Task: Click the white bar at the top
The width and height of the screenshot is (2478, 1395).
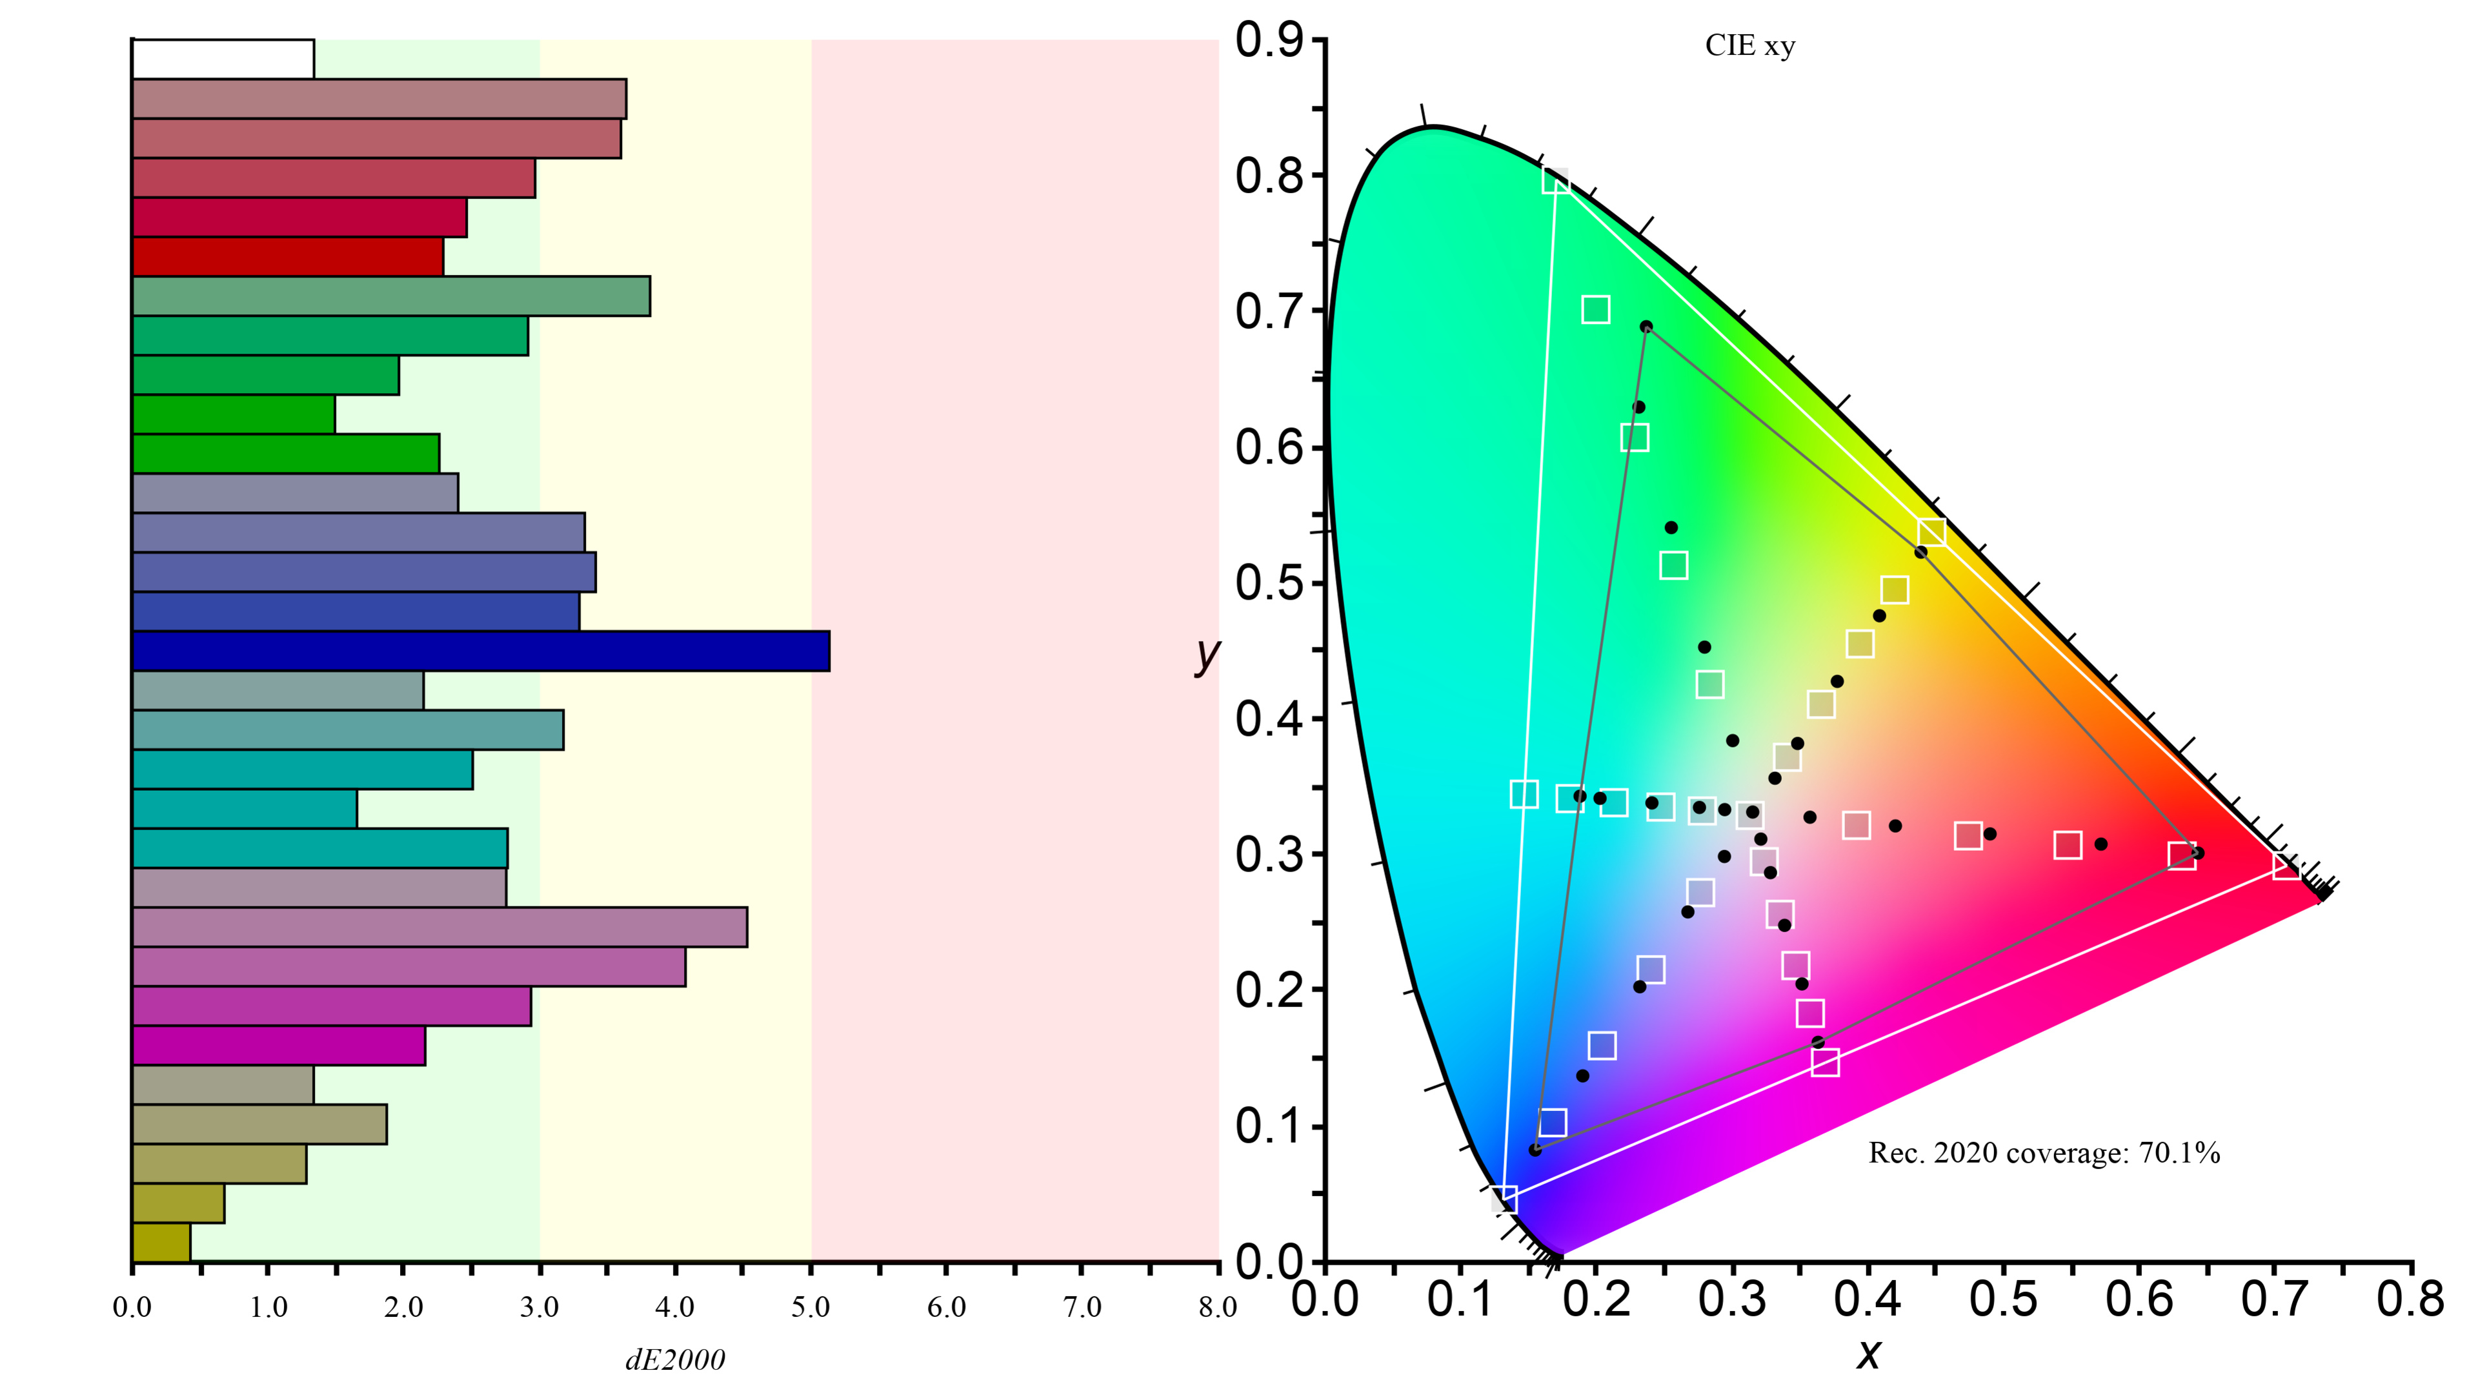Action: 223,59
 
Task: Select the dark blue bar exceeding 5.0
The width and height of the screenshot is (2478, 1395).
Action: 481,651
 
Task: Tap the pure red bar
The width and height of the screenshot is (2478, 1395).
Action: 288,257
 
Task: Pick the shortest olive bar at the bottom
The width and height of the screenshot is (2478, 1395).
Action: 161,1242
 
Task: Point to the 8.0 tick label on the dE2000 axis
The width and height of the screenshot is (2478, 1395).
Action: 1218,1307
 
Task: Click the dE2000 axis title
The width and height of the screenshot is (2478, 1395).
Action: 675,1359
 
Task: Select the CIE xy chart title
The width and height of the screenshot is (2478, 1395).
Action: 1750,46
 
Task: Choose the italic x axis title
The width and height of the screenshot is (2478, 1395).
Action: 1868,1354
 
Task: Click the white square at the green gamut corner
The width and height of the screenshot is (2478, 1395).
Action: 1555,180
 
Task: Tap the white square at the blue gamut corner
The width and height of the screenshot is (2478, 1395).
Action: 1504,1199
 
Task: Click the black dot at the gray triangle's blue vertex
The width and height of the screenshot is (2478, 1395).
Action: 1535,1150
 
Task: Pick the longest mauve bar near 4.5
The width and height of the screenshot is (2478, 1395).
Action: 439,928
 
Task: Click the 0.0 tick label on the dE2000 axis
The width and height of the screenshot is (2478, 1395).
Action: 132,1307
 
